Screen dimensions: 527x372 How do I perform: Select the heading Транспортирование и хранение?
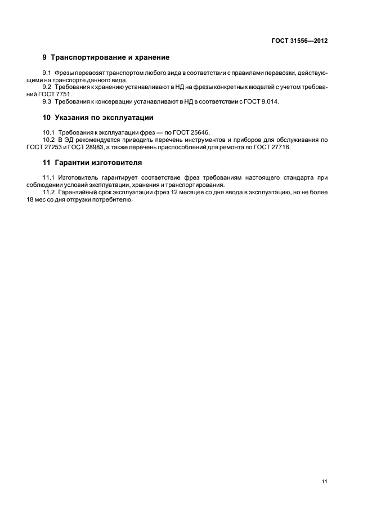(x=110, y=57)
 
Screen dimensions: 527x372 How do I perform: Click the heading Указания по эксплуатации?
(x=104, y=118)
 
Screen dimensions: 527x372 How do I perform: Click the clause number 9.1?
(x=47, y=74)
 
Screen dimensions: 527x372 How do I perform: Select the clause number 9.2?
(x=47, y=87)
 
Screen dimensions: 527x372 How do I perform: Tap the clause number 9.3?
(x=47, y=101)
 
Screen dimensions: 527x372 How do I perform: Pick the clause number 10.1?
(x=48, y=132)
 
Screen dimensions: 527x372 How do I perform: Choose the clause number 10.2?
(x=48, y=139)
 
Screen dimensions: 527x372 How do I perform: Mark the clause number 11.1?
(x=48, y=178)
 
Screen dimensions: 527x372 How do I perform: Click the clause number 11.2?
(x=48, y=192)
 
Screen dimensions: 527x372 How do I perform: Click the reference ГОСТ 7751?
(x=60, y=95)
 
